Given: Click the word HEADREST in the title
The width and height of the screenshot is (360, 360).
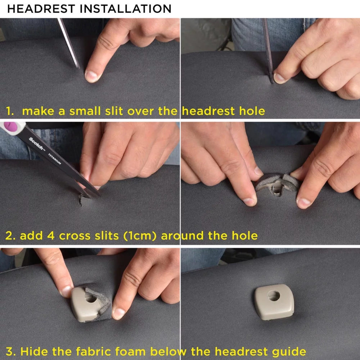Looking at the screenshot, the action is click(41, 9).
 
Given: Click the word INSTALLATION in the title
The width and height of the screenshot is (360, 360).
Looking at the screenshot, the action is click(125, 9).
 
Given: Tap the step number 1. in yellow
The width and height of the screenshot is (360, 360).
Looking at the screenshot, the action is click(10, 111).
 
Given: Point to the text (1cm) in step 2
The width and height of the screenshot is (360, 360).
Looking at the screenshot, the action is click(140, 236).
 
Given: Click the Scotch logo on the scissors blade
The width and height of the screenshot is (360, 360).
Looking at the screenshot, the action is click(37, 144).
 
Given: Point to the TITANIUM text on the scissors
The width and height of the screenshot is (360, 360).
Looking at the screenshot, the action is click(55, 159).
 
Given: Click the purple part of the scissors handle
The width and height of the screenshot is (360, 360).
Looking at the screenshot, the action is click(10, 127).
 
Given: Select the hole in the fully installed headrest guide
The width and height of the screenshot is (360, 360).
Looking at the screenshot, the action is click(274, 296).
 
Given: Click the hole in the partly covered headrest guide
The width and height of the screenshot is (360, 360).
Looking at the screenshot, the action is click(90, 298).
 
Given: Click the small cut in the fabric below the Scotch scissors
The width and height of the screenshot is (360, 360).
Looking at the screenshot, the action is click(80, 200).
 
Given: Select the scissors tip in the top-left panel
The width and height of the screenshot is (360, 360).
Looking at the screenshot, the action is click(78, 67).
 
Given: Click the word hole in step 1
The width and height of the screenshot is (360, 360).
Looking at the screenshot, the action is click(252, 111).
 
